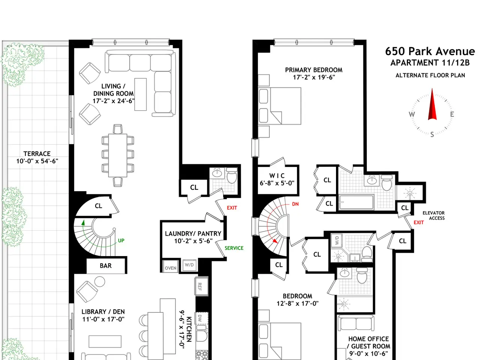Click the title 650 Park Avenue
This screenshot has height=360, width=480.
coord(430,51)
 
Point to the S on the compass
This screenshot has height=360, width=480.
coord(432,134)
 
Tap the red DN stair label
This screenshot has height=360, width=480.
coord(295,204)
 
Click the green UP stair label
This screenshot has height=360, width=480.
coord(121,240)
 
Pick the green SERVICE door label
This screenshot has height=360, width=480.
coord(234,248)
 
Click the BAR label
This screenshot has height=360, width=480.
coord(106,265)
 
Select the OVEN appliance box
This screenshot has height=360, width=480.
coord(171,266)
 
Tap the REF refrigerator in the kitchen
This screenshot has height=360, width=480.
coord(201,286)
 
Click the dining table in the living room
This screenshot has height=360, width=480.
coord(118,155)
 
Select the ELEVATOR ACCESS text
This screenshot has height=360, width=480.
coord(433,216)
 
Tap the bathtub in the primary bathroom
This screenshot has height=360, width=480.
coord(356,202)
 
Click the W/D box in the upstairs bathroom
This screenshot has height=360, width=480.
coord(337,240)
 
